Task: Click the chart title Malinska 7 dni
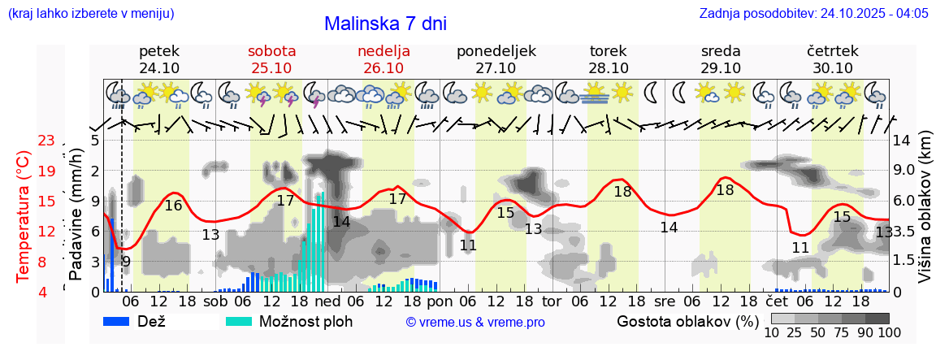pyautogui.click(x=385, y=24)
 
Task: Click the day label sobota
pyautogui.click(x=271, y=51)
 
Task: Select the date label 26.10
pyautogui.click(x=383, y=68)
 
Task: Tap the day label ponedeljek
pyautogui.click(x=496, y=51)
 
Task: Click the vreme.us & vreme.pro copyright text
pyautogui.click(x=475, y=323)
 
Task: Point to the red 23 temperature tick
pyautogui.click(x=46, y=141)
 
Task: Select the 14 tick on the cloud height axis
pyautogui.click(x=901, y=141)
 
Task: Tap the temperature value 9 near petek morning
pyautogui.click(x=126, y=262)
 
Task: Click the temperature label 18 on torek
pyautogui.click(x=622, y=192)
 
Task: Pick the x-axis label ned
pyautogui.click(x=327, y=301)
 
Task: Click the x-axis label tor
pyautogui.click(x=552, y=301)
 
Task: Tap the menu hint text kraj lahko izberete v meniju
pyautogui.click(x=90, y=14)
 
